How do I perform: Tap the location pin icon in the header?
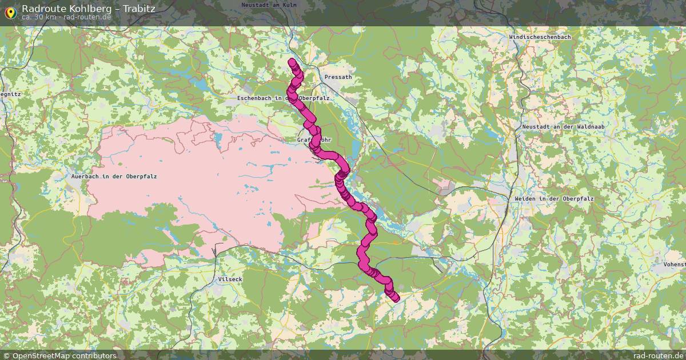pyautogui.click(x=10, y=11)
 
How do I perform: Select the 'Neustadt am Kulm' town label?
pyautogui.click(x=269, y=5)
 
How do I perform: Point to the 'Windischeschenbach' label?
pyautogui.click(x=539, y=37)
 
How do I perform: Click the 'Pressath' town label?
pyautogui.click(x=338, y=77)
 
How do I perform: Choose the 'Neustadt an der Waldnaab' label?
pyautogui.click(x=555, y=126)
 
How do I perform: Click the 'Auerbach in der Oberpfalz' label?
pyautogui.click(x=114, y=177)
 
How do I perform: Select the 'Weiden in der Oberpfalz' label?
pyautogui.click(x=555, y=198)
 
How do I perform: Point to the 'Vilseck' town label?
pyautogui.click(x=230, y=279)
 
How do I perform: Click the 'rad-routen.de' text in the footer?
pyautogui.click(x=658, y=355)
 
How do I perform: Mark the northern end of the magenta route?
pyautogui.click(x=292, y=62)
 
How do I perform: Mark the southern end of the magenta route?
pyautogui.click(x=396, y=298)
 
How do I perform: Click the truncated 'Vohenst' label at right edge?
pyautogui.click(x=675, y=265)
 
